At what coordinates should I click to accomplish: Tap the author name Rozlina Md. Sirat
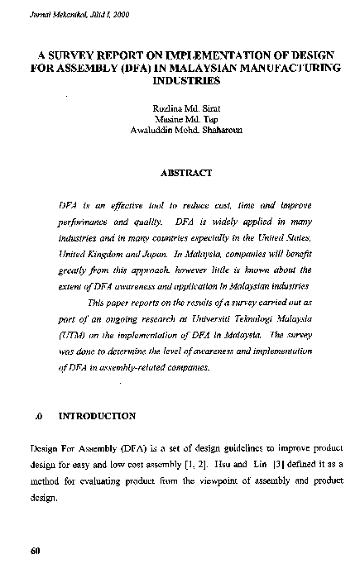(x=187, y=108)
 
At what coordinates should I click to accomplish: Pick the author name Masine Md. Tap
(x=187, y=119)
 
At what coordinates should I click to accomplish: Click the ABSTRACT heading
(x=187, y=173)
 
